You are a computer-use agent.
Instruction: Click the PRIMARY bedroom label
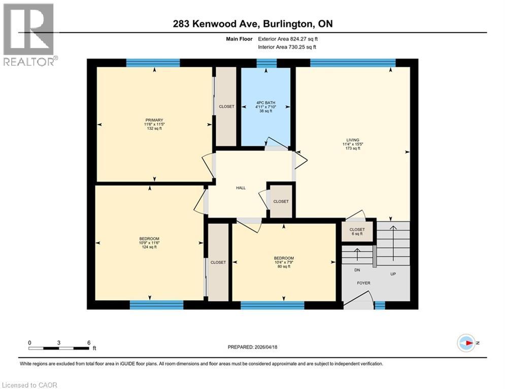[x=153, y=120]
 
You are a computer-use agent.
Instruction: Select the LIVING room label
[x=353, y=140]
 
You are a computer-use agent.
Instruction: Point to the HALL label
[x=241, y=188]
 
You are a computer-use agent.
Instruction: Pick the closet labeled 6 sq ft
[x=357, y=232]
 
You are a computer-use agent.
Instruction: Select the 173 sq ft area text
[x=353, y=149]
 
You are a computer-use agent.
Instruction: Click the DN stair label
[x=357, y=270]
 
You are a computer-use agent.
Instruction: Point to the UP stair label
[x=392, y=274]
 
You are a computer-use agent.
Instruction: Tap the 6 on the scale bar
[x=89, y=342]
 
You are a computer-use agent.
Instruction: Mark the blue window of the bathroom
[x=266, y=63]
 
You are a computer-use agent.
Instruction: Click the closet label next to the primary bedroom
[x=226, y=106]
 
